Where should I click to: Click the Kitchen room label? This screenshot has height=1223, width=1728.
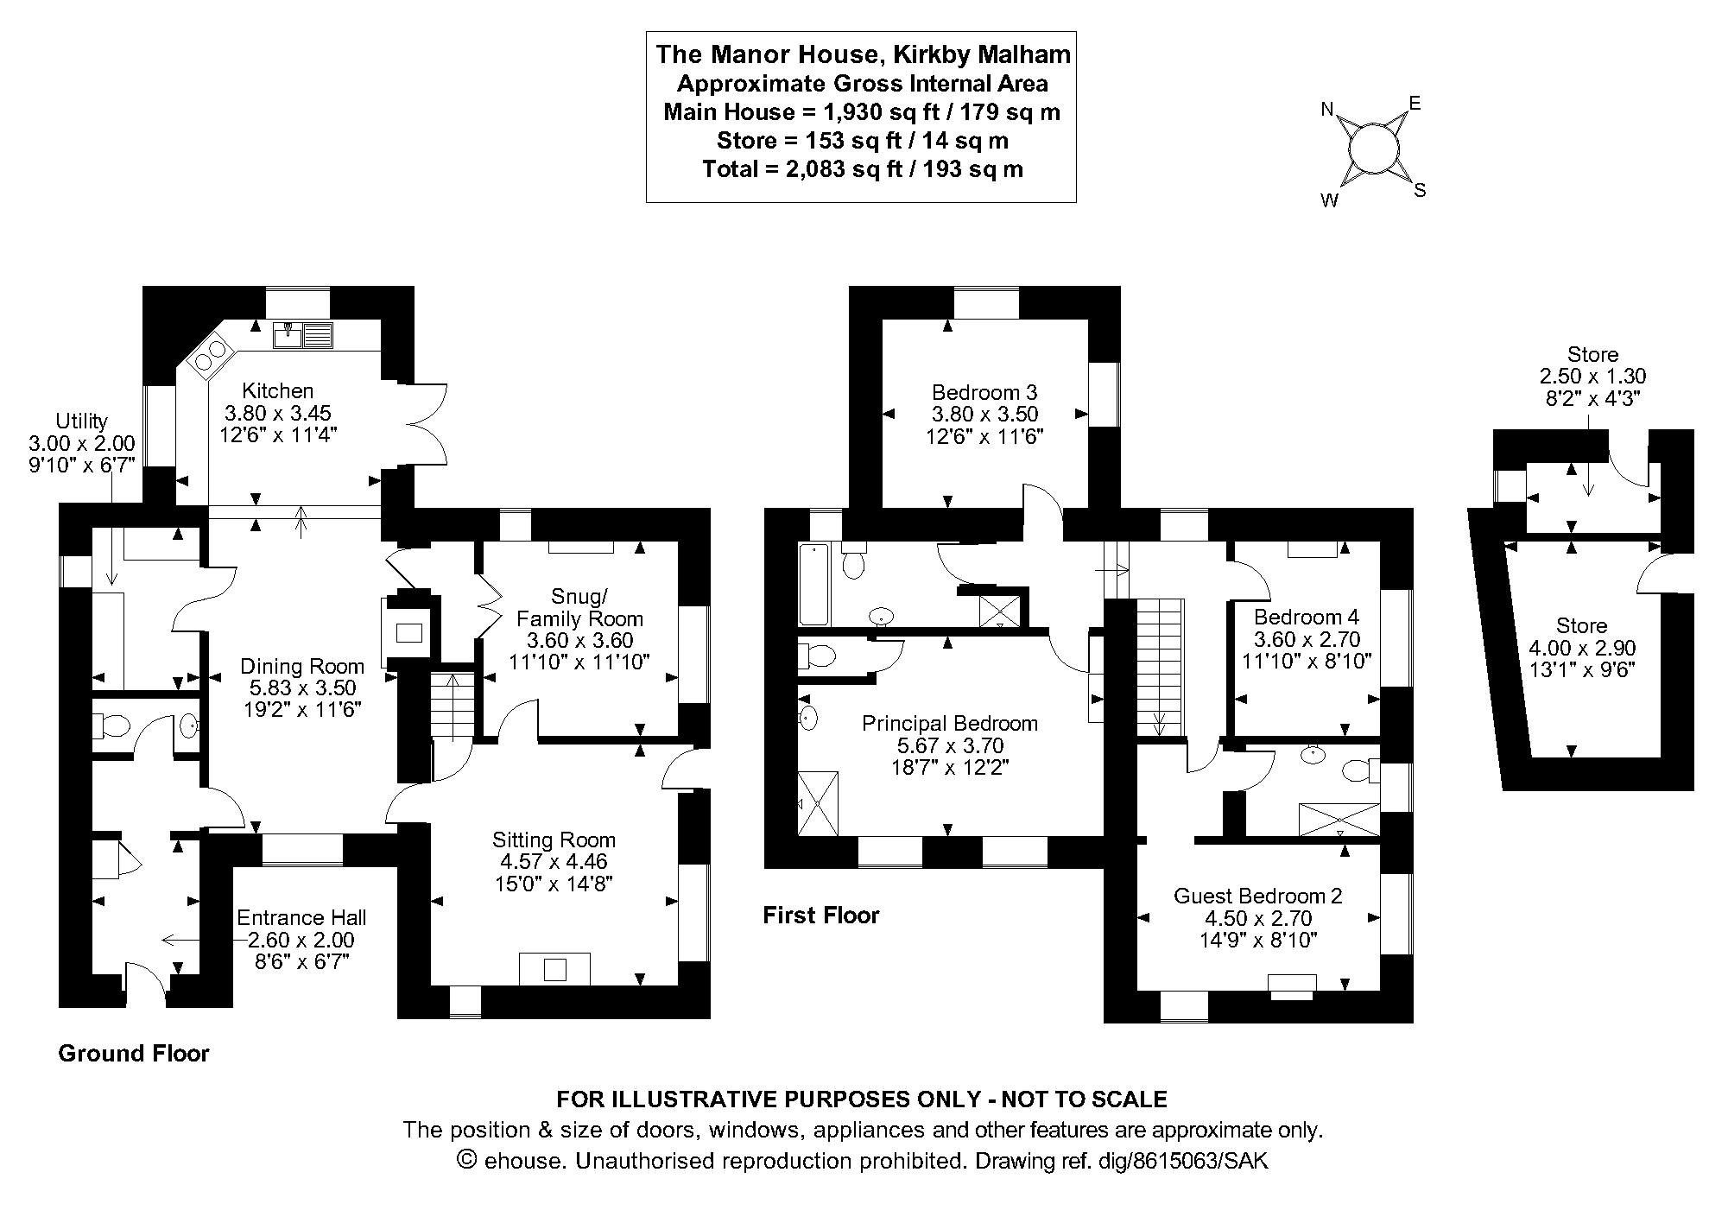tap(277, 391)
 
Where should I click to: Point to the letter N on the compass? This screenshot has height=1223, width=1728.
tap(1328, 110)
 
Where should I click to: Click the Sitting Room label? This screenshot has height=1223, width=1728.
tap(554, 840)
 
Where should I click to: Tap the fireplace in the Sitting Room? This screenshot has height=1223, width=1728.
tap(554, 968)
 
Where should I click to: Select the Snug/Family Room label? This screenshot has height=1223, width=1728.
tap(579, 607)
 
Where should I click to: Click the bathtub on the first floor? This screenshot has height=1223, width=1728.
tap(813, 585)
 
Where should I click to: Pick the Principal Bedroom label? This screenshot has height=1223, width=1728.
tap(950, 723)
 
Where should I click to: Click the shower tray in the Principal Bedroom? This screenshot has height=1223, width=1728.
tap(818, 803)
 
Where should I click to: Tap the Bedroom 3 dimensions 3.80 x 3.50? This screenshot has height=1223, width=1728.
tap(984, 415)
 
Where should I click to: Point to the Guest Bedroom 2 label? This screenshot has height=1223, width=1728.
tap(1257, 896)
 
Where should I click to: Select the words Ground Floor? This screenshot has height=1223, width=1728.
tap(133, 1054)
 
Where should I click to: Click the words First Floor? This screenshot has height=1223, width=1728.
tap(820, 916)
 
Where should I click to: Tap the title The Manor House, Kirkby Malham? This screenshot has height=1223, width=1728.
tap(862, 54)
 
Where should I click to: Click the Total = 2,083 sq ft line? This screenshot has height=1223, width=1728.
tap(862, 169)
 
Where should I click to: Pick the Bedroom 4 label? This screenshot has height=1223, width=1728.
tap(1306, 617)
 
